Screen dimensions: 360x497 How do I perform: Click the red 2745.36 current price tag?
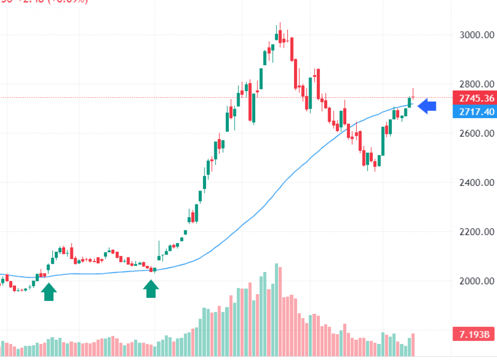tap(473, 98)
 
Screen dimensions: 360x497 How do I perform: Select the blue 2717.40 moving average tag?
tap(473, 111)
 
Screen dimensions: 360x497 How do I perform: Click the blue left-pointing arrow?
tap(427, 107)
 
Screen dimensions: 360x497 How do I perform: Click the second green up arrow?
tap(151, 289)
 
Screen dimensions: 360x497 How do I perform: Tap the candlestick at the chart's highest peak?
tap(280, 35)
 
